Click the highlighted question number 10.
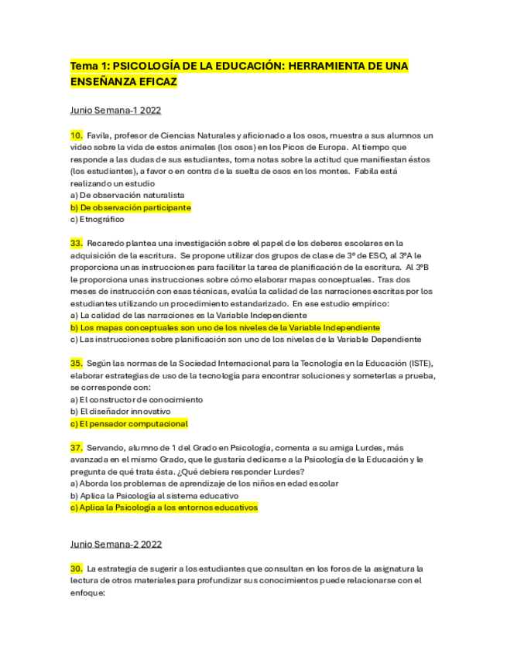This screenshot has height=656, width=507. (77, 135)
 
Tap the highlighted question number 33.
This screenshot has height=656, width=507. (77, 244)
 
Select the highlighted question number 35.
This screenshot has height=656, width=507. (77, 364)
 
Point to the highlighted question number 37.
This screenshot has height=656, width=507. (77, 448)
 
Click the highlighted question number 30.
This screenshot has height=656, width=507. (77, 569)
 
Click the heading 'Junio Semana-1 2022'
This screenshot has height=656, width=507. (115, 110)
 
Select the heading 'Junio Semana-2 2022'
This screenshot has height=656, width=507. (116, 544)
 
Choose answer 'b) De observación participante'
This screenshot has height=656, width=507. (130, 207)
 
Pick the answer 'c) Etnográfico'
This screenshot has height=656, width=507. (97, 220)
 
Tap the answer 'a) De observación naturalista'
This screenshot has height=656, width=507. (127, 196)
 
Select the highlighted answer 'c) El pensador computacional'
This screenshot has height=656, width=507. (128, 424)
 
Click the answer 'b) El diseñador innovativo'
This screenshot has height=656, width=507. (120, 412)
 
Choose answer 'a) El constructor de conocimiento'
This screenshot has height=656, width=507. (136, 400)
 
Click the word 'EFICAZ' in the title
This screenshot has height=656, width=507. (154, 81)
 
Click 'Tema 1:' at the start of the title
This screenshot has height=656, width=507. (89, 66)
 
